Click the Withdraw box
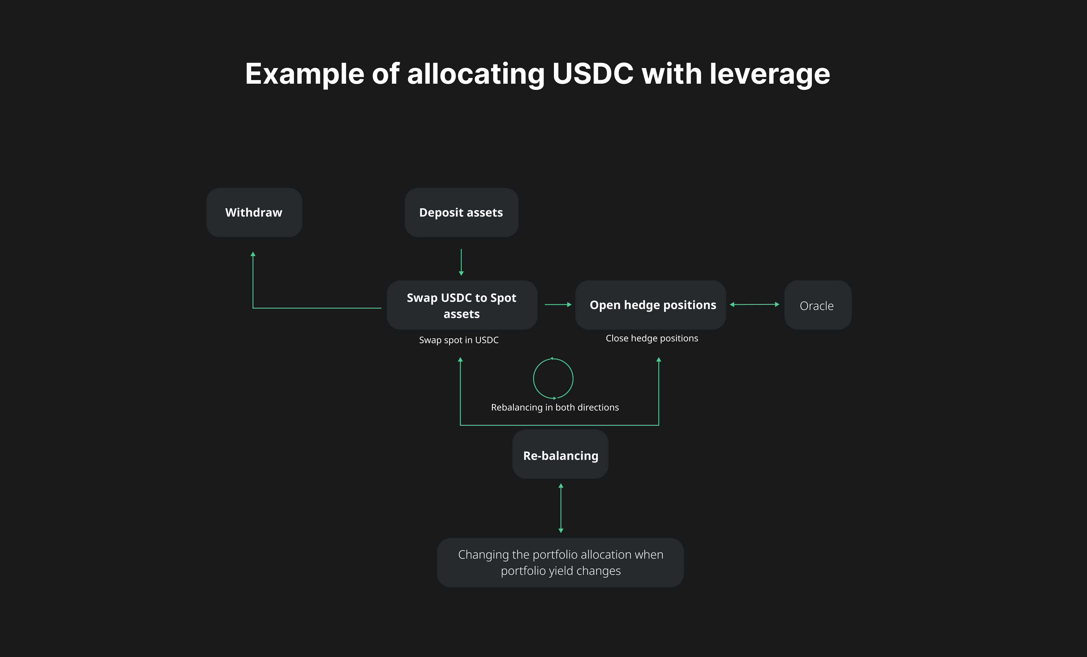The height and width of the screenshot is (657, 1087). tap(254, 213)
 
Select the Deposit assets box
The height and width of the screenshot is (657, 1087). tap(461, 213)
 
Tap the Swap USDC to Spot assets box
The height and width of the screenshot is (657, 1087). tap(461, 305)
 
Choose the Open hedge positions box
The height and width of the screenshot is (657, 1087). tap(651, 305)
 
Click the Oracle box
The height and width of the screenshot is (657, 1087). tap(817, 305)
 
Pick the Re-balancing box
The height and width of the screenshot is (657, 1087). tap(560, 455)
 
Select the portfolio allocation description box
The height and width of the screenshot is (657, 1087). tap(560, 563)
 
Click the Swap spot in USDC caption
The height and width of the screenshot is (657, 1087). tap(459, 340)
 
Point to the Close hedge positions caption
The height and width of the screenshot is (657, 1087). tap(651, 338)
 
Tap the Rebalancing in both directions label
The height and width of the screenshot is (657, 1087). tap(555, 407)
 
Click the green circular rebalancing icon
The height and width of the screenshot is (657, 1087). tap(553, 378)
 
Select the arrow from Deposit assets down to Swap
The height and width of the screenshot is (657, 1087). tap(461, 263)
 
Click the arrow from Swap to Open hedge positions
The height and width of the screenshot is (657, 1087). tap(558, 305)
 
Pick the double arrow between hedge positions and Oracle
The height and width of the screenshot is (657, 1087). tap(755, 305)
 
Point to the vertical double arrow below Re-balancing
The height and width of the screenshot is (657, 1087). tap(561, 508)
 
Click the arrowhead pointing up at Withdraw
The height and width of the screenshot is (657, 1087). tap(253, 255)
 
